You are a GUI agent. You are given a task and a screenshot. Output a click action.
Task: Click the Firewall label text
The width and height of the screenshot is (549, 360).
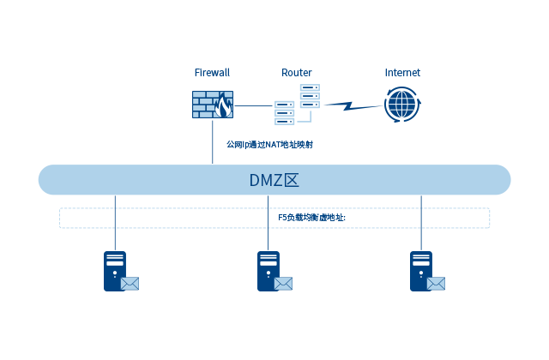click(x=212, y=73)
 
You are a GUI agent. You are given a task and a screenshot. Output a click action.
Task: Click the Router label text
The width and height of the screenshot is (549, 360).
click(x=297, y=73)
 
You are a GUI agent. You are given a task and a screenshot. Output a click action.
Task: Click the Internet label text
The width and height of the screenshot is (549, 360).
click(x=402, y=73)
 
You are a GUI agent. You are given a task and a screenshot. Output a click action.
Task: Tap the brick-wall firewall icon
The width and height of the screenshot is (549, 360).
click(x=212, y=105)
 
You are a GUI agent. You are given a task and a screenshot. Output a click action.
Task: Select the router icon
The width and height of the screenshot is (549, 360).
click(x=297, y=105)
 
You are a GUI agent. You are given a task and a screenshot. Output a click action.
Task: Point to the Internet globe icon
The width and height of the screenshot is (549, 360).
click(x=402, y=105)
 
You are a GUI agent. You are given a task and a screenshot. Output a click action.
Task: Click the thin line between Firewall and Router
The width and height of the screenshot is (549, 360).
click(x=254, y=105)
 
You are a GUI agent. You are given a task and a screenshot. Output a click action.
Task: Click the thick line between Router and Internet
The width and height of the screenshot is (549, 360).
click(x=352, y=105)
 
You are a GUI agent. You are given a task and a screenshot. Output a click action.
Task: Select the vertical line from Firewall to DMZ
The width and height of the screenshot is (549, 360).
click(x=213, y=141)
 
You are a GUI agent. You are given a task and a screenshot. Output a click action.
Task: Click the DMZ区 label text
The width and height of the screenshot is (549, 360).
click(x=274, y=180)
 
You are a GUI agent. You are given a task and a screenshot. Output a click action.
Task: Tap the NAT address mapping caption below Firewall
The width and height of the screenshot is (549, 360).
click(x=269, y=144)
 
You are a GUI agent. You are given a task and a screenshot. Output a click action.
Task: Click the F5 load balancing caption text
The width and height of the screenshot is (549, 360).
click(x=311, y=218)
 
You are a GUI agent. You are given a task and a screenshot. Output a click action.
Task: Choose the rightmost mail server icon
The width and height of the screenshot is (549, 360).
click(x=425, y=270)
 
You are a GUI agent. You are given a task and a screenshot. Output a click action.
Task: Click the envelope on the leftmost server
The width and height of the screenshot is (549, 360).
click(x=130, y=284)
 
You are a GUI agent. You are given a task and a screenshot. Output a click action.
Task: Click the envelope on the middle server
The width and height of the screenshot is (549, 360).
click(x=283, y=284)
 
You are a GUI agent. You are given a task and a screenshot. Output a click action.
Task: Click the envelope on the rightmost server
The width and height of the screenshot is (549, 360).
click(x=436, y=284)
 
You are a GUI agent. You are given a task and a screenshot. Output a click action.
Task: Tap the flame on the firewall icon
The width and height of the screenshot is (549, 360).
click(x=223, y=107)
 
